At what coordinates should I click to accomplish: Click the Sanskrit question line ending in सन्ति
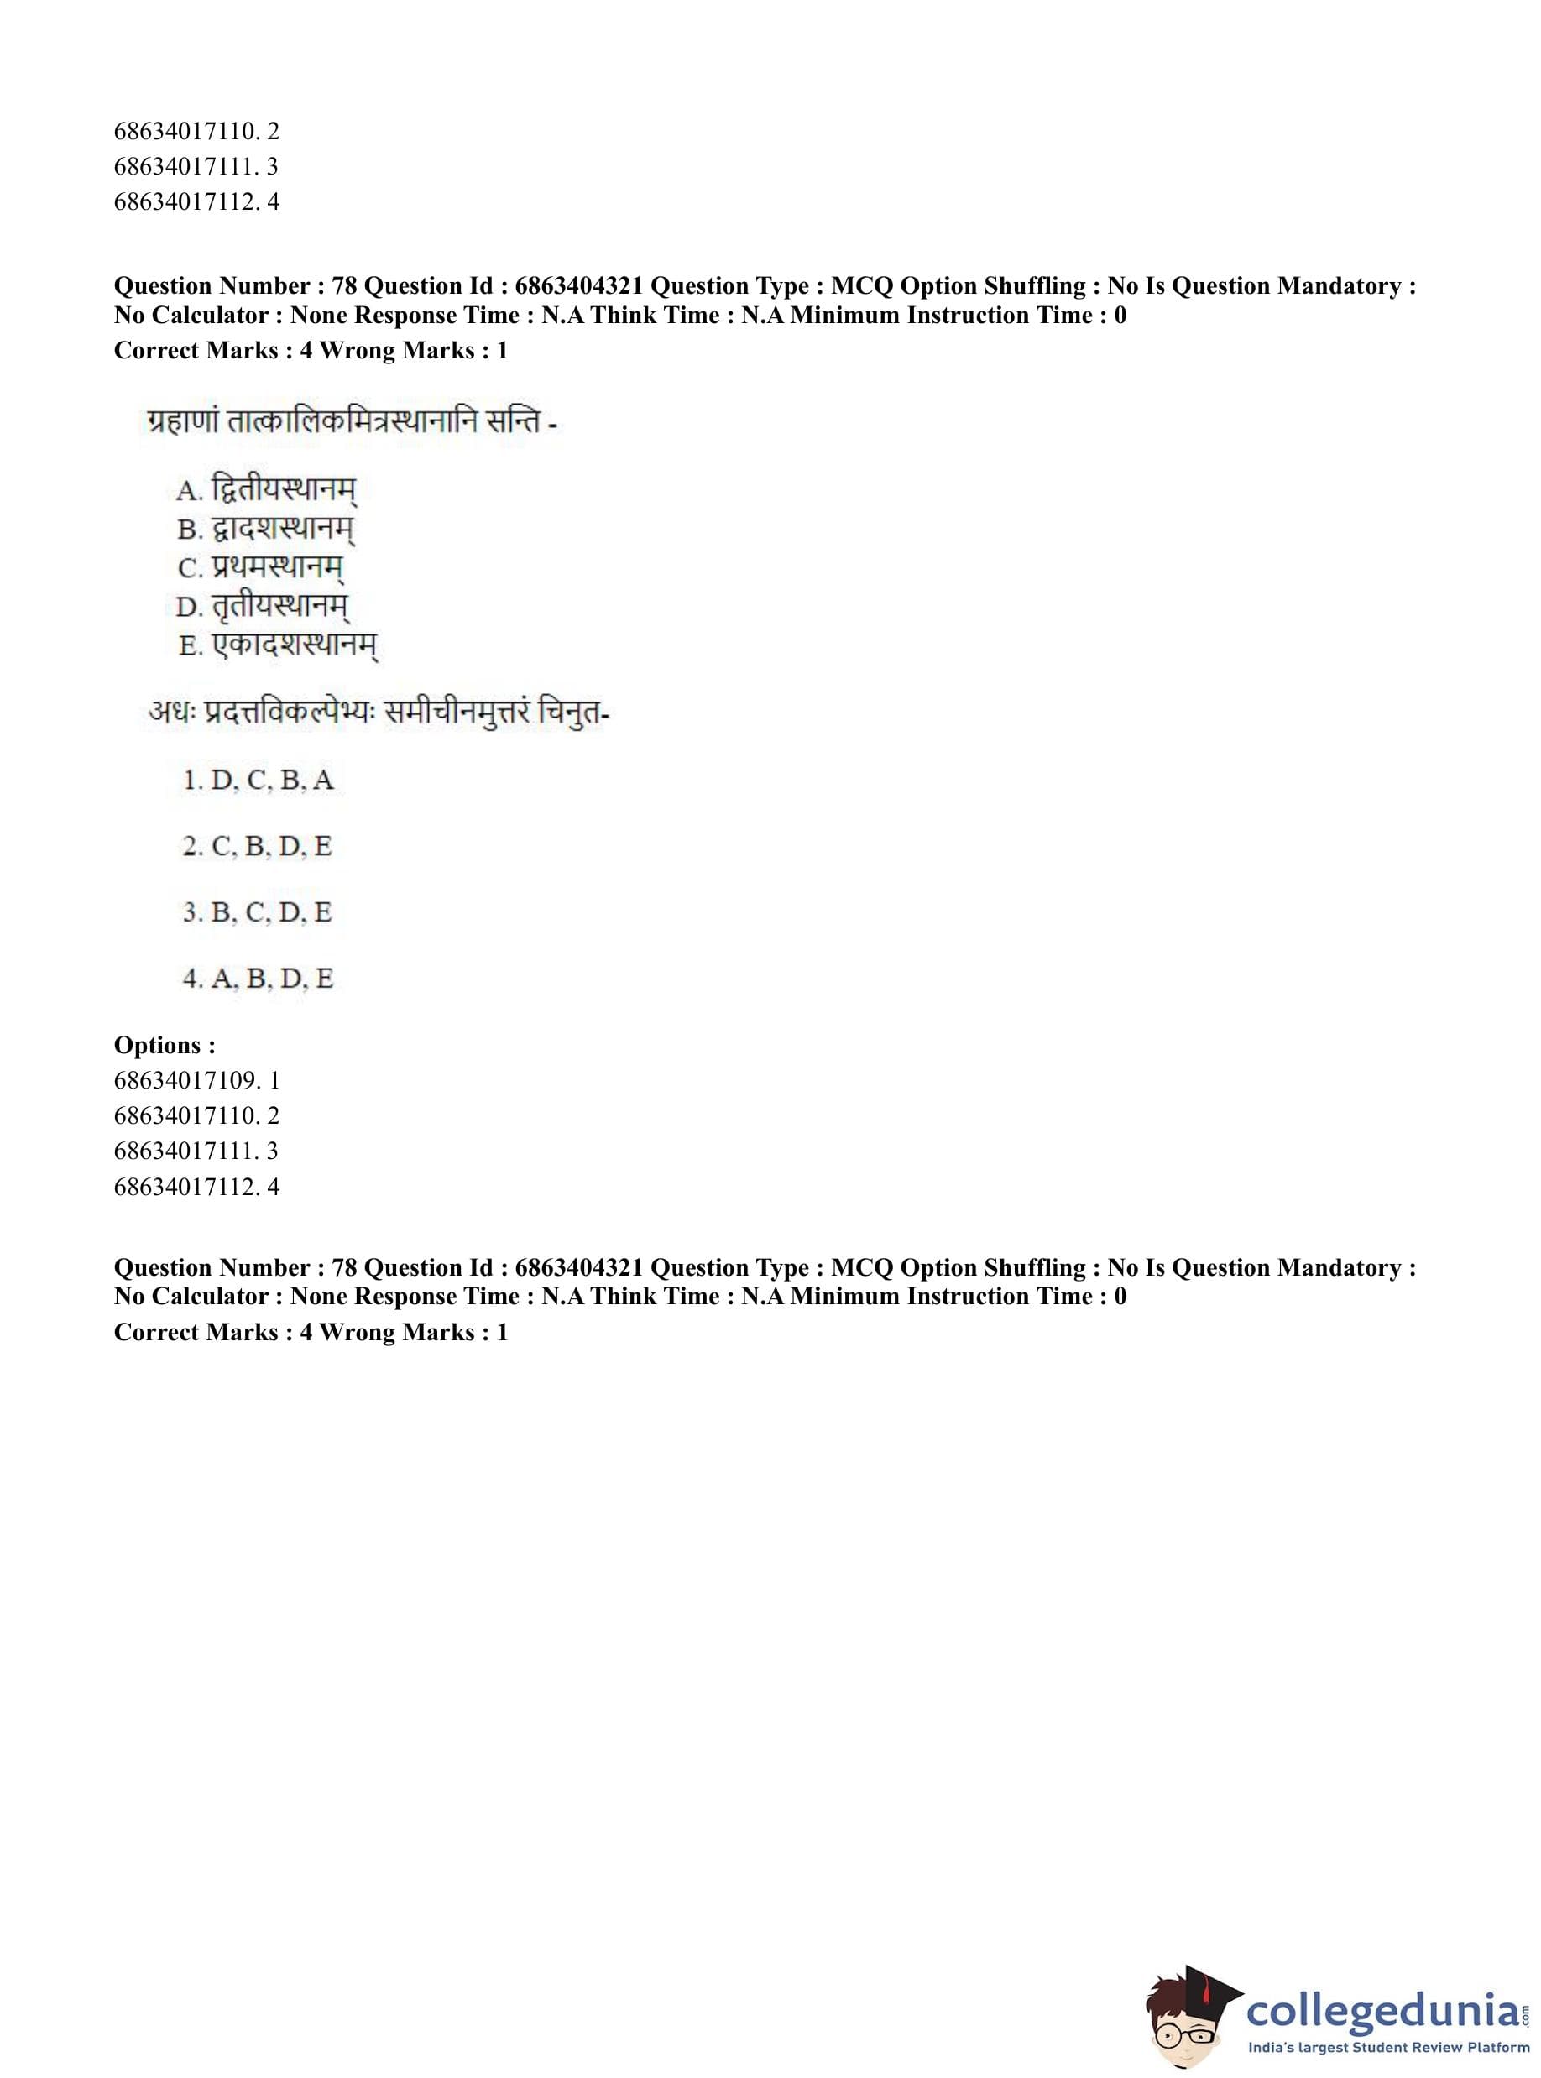352,422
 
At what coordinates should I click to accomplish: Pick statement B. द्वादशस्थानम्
266,530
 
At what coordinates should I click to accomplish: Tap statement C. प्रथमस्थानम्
260,568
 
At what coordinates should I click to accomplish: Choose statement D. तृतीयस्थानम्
262,607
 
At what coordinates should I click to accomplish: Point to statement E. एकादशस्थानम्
278,645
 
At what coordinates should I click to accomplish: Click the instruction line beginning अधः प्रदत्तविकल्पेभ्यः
378,713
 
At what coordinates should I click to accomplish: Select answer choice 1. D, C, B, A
259,780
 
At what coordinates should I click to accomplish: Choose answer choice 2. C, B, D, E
258,846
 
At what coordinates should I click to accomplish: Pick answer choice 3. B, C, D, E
258,912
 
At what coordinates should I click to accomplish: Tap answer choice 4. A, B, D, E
259,979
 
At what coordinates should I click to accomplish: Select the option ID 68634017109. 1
197,1080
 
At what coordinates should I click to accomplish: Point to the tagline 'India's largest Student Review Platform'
1388,2047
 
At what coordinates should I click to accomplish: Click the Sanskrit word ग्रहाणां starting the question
183,422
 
